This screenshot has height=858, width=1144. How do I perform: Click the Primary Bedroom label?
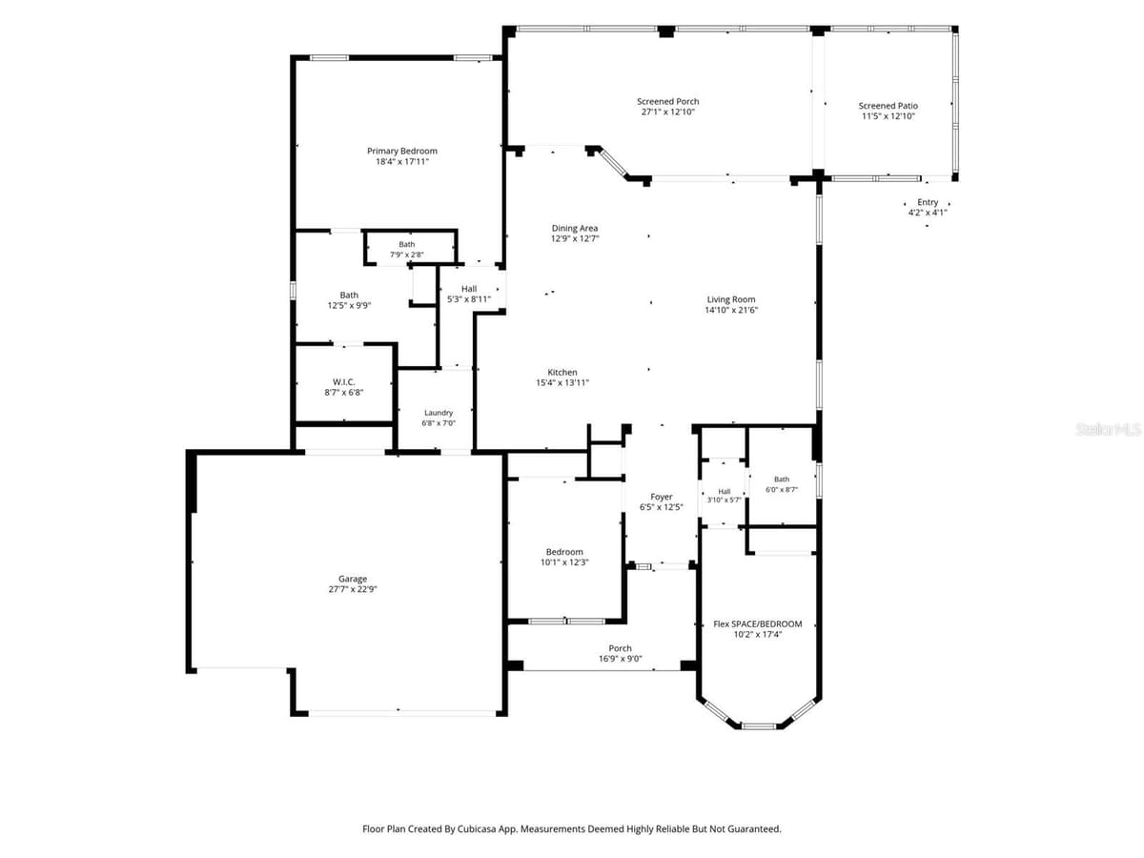(402, 151)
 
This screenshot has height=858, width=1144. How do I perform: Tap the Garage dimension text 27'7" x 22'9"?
(353, 589)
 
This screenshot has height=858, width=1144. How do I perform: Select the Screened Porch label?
(667, 102)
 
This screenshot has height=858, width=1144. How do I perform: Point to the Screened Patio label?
(889, 106)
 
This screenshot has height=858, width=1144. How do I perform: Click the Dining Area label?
(575, 228)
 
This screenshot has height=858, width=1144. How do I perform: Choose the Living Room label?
(730, 299)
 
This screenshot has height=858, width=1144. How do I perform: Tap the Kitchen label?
(562, 373)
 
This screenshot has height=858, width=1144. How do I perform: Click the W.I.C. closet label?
(343, 382)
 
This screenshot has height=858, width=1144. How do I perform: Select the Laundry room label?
(439, 413)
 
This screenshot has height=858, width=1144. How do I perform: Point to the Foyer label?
(662, 497)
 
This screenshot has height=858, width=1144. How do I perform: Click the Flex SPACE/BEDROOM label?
(757, 624)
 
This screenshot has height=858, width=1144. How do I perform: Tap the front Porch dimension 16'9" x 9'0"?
(621, 659)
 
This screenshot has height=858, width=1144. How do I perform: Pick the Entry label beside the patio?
(928, 202)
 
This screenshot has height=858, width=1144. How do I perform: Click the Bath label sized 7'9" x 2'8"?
(407, 244)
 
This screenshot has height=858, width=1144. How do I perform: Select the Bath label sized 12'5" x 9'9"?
(349, 296)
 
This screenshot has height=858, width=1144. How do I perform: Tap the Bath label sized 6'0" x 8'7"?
(781, 480)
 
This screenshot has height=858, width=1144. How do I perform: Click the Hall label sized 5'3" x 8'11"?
(468, 289)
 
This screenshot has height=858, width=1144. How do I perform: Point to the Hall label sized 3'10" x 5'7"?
(724, 491)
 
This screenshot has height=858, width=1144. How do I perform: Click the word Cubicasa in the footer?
(478, 828)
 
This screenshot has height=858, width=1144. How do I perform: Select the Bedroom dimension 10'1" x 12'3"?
(564, 562)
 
